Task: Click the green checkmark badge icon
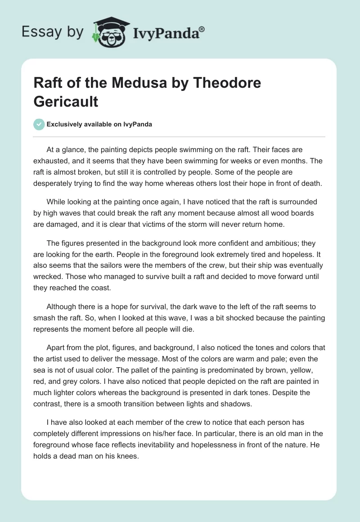pyautogui.click(x=39, y=125)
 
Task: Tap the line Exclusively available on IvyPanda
pyautogui.click(x=100, y=125)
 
